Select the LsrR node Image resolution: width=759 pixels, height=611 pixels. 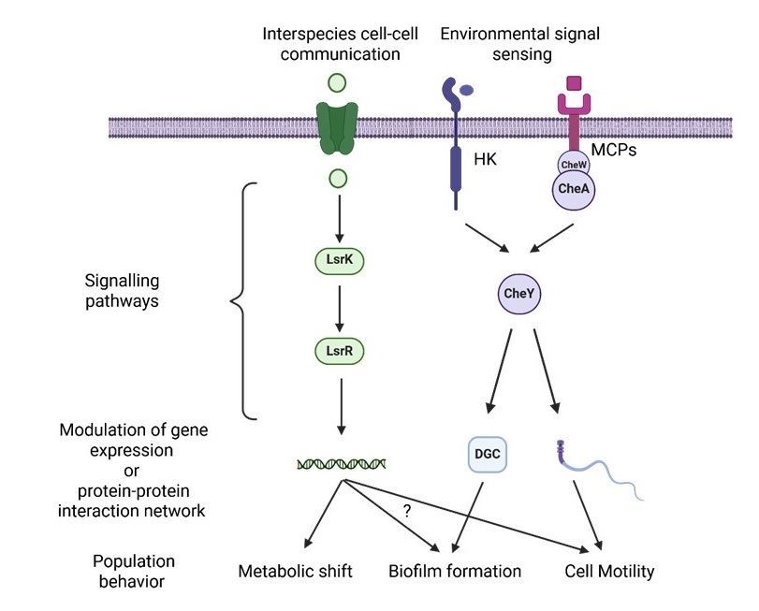tap(341, 351)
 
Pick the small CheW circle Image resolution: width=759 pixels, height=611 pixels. tap(573, 163)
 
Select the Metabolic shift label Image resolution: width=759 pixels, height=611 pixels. tap(296, 571)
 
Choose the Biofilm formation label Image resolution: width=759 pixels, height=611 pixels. tap(454, 571)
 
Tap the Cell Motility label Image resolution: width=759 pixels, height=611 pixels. tap(609, 571)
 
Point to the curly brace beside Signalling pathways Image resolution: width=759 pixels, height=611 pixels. tap(240, 300)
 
